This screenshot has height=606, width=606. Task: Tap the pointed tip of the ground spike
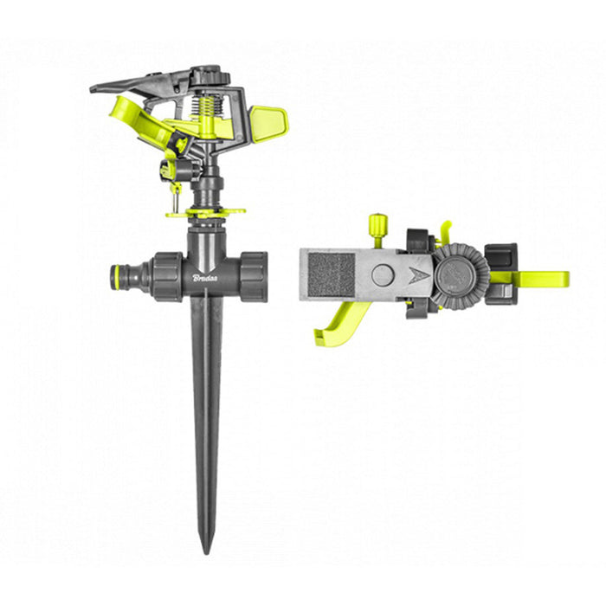[x=206, y=549]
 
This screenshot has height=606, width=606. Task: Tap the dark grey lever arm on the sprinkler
[x=130, y=85]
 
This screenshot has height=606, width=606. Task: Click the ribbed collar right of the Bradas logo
[x=252, y=277]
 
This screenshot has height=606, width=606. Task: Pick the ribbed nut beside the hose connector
[x=167, y=277]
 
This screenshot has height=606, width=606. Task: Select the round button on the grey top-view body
[x=382, y=275]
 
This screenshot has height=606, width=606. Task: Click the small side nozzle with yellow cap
[x=166, y=170]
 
